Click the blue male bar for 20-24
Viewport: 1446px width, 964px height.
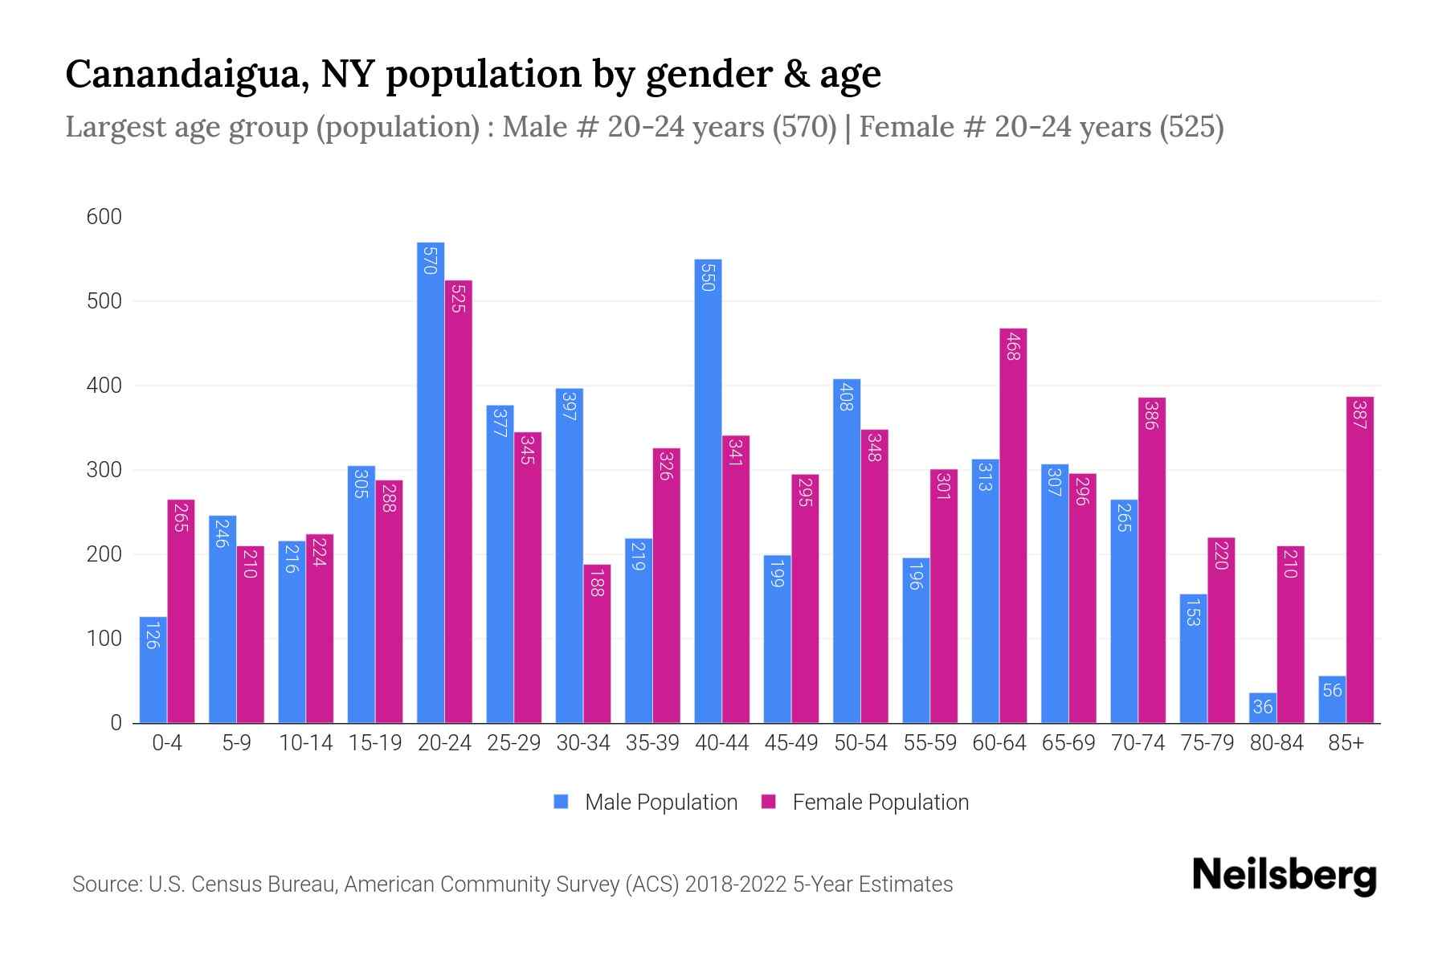[431, 482]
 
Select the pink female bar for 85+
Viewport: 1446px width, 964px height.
[1359, 560]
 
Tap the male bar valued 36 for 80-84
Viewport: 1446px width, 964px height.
[1262, 708]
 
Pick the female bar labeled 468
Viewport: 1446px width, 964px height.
[1013, 526]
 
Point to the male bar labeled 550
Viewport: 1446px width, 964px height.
[708, 491]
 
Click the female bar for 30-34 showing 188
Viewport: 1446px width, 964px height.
[597, 643]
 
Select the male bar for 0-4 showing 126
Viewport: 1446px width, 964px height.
[153, 670]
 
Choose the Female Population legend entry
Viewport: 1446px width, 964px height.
[865, 803]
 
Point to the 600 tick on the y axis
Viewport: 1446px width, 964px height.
[104, 217]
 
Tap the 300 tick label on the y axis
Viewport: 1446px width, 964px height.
[104, 470]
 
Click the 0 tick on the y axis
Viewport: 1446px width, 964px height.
[116, 723]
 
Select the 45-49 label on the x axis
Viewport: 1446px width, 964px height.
[790, 743]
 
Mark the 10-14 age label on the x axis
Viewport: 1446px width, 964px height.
[305, 743]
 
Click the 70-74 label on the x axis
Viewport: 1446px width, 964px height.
[1138, 743]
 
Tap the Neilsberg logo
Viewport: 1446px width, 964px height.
[1284, 876]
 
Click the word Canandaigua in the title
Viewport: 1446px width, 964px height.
[184, 74]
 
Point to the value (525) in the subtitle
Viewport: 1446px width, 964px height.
[1191, 127]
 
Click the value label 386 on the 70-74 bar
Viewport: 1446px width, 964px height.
[1150, 415]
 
